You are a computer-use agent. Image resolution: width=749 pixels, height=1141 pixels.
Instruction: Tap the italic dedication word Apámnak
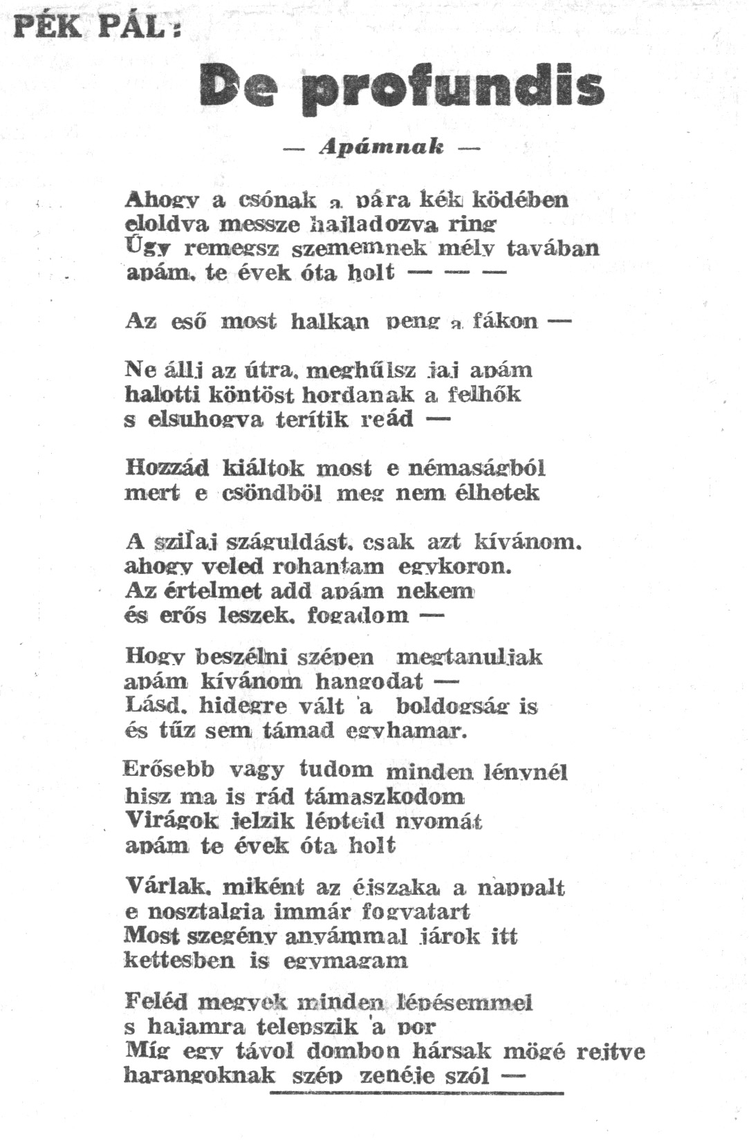[381, 147]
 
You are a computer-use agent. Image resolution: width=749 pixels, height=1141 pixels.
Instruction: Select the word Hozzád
[167, 468]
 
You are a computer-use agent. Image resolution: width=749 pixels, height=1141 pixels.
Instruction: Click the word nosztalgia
[205, 911]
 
